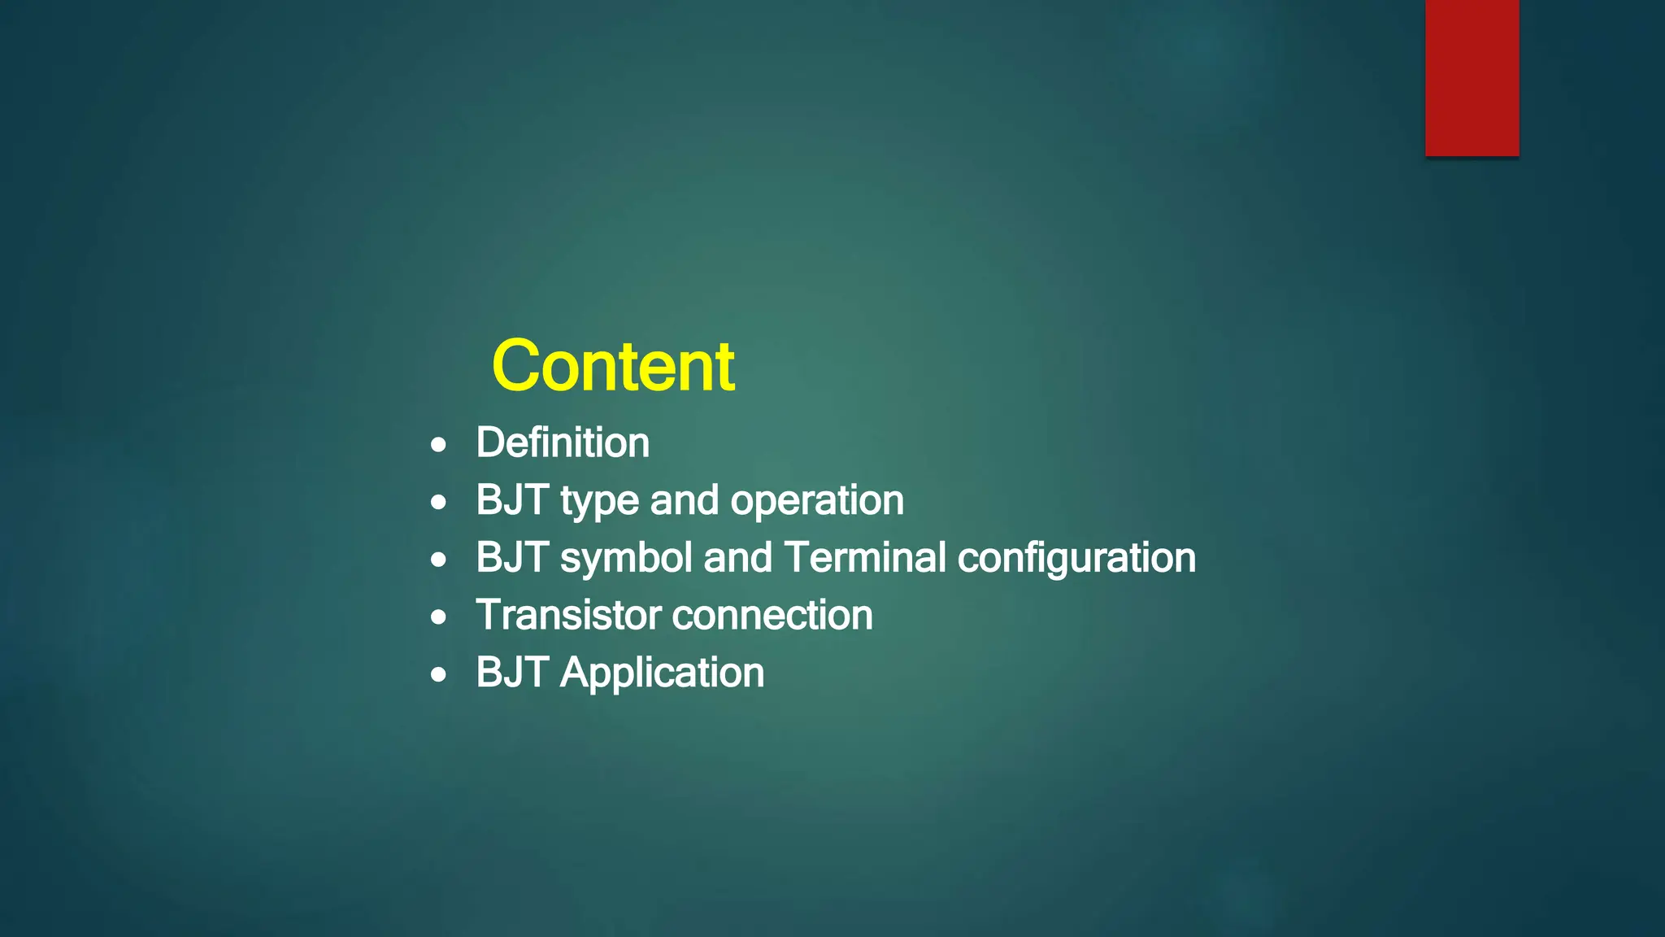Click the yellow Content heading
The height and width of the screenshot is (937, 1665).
(613, 367)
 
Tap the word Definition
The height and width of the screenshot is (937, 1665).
(563, 443)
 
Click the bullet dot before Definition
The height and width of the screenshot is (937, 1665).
(439, 445)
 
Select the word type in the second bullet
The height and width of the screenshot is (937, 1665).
(598, 502)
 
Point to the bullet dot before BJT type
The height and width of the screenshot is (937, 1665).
(439, 503)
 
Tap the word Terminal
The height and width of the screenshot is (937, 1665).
(865, 558)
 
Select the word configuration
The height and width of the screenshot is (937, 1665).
(1076, 560)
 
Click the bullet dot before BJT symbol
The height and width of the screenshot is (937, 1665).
(439, 560)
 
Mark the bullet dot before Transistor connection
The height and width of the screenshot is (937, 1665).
(439, 617)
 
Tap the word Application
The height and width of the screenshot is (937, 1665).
(662, 674)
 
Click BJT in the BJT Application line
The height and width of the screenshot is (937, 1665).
(511, 673)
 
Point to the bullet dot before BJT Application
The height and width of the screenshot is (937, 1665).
(439, 674)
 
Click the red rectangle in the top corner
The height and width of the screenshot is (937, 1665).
(1472, 77)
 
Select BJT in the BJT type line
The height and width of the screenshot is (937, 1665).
(511, 500)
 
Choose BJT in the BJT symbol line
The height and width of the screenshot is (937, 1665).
(511, 558)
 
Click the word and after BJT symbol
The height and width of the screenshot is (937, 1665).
(737, 558)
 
